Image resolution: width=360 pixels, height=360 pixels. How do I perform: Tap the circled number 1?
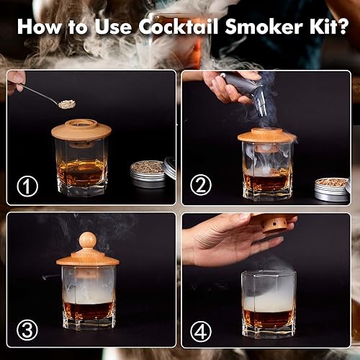[27, 186]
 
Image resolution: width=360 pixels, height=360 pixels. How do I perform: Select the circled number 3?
[27, 330]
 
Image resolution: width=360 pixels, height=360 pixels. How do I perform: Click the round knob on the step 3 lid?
[87, 240]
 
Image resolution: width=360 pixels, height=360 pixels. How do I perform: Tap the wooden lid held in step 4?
[274, 224]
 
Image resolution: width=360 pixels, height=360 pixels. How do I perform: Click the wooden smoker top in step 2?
[267, 135]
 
